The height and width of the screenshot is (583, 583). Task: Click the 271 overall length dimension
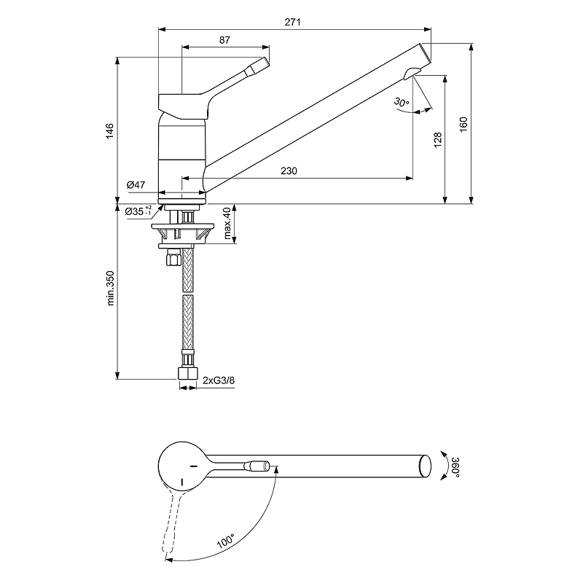pyautogui.click(x=293, y=23)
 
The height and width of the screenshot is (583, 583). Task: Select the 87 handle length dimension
pyautogui.click(x=224, y=40)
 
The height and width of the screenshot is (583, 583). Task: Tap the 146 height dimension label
pyautogui.click(x=110, y=131)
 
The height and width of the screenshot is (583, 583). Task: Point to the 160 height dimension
pyautogui.click(x=463, y=125)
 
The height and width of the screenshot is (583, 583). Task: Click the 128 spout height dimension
pyautogui.click(x=438, y=140)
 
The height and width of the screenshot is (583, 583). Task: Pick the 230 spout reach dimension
pyautogui.click(x=289, y=171)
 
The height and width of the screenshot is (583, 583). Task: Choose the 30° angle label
pyautogui.click(x=402, y=102)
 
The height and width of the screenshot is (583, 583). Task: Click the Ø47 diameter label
pyautogui.click(x=136, y=185)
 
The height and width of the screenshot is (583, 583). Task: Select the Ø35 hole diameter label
pyautogui.click(x=138, y=211)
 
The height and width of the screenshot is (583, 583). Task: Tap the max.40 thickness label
pyautogui.click(x=227, y=223)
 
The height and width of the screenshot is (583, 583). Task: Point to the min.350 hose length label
pyautogui.click(x=111, y=288)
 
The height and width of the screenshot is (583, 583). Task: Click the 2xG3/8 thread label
pyautogui.click(x=219, y=380)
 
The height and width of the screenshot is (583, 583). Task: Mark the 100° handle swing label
pyautogui.click(x=226, y=541)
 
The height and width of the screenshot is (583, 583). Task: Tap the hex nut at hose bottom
pyautogui.click(x=187, y=373)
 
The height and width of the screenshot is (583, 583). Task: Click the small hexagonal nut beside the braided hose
pyautogui.click(x=173, y=257)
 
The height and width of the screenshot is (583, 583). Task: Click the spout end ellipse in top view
pyautogui.click(x=425, y=466)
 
